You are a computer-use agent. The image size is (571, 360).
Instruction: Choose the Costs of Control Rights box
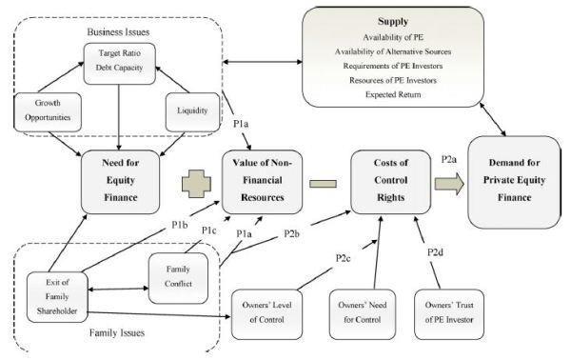[385, 179]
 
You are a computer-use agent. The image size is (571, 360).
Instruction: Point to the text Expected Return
[417, 94]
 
